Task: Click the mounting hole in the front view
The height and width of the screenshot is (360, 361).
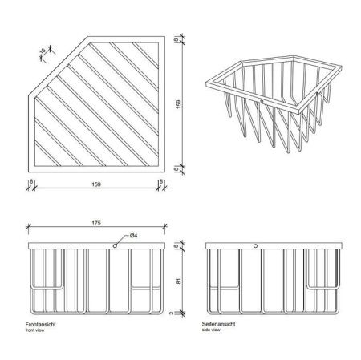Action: click(x=115, y=246)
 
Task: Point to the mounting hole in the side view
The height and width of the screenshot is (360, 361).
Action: click(x=255, y=246)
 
